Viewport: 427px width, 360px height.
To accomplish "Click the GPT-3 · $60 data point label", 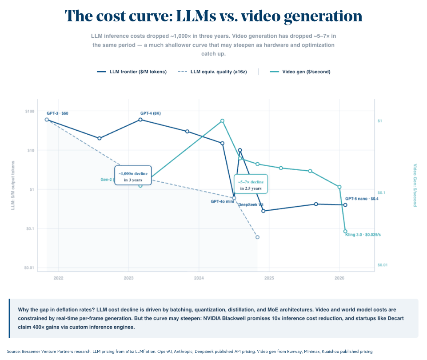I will (x=57, y=113).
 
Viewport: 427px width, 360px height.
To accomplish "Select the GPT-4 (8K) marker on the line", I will (x=140, y=120).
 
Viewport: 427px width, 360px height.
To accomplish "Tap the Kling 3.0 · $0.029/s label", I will (x=363, y=234).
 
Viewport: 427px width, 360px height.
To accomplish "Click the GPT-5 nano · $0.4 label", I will (x=362, y=199).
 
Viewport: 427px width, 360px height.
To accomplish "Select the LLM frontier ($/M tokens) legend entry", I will (x=132, y=72).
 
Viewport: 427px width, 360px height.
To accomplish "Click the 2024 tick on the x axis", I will (x=199, y=278).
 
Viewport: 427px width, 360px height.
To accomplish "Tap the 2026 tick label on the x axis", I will (x=339, y=278).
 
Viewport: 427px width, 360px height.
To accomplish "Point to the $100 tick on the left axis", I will (x=29, y=111).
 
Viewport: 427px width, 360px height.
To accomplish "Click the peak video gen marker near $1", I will (x=222, y=121).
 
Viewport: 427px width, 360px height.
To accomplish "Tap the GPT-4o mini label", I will (x=222, y=201).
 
